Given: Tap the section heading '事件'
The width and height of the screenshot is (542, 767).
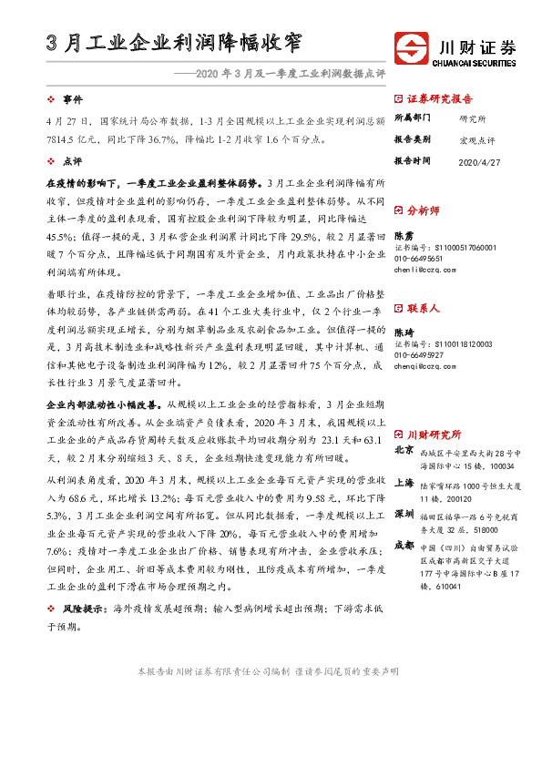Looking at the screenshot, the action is point(71,99).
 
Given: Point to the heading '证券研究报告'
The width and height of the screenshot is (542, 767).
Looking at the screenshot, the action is point(439,98).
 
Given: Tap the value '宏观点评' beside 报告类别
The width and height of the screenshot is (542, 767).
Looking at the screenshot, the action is point(476,139).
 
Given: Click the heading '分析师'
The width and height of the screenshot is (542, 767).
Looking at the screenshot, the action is point(424,210).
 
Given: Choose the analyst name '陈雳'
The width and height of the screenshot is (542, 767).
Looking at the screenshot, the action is point(404,235).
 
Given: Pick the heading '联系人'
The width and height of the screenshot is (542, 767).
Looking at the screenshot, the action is point(424,309).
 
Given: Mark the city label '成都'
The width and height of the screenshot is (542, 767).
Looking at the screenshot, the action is point(404,545).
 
